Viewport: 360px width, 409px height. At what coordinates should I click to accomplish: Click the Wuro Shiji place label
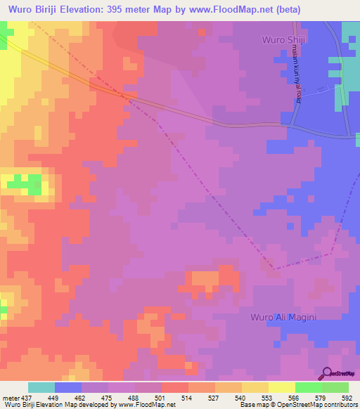click(286, 39)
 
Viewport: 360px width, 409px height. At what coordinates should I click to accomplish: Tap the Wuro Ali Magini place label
click(284, 318)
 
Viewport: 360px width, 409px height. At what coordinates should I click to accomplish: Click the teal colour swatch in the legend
click(41, 387)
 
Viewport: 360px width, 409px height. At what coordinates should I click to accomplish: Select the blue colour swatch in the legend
click(68, 387)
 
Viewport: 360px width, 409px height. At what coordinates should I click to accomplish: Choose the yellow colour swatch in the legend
click(282, 387)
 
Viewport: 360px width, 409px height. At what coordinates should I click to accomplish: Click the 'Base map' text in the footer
click(253, 405)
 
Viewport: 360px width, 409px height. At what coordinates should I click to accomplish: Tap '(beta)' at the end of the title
click(305, 9)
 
